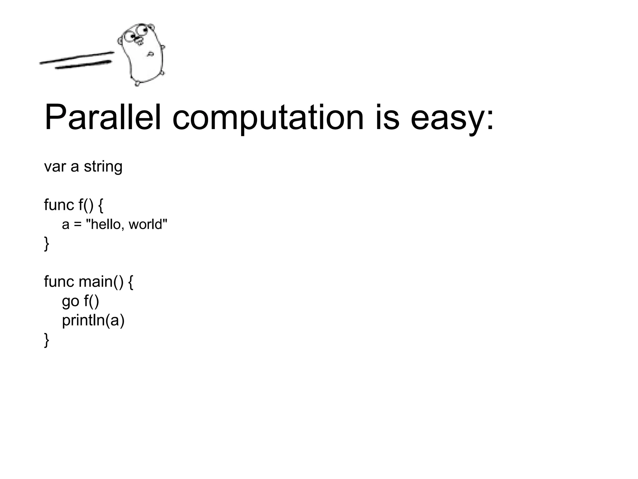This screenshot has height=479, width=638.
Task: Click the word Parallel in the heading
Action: coord(103,118)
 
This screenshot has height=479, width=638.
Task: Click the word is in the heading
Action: coord(387,118)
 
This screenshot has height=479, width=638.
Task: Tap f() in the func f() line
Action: coord(86,205)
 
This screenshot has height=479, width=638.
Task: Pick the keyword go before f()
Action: coord(70,302)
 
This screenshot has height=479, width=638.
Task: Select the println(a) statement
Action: coord(93,321)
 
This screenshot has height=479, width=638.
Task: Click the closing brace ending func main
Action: coord(47,340)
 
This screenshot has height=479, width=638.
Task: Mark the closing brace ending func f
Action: coord(47,244)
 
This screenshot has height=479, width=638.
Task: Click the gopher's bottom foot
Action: coord(137,83)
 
